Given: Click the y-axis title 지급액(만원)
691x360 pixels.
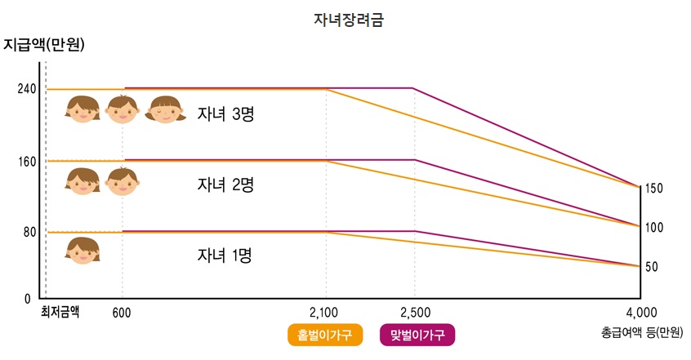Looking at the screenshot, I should click(44, 44).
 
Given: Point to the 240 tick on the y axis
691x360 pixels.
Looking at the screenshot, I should click(26, 89).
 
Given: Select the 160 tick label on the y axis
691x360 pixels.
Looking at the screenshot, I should click(26, 161).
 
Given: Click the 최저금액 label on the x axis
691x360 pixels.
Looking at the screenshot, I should click(60, 311).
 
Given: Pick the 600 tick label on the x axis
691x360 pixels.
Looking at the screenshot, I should click(122, 312).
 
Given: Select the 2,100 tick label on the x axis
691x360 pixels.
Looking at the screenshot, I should click(326, 312).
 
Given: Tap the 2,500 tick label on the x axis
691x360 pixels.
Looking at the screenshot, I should click(415, 312).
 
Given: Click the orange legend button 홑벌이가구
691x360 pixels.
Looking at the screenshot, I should click(324, 335).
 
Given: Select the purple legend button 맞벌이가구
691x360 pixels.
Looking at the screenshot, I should click(417, 335).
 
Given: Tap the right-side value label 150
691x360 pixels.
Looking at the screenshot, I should click(654, 189).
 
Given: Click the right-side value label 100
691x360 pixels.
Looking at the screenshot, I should click(654, 228).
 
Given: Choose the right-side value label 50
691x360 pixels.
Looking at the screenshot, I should click(652, 267).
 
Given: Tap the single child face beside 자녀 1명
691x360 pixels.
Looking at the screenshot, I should click(82, 250).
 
